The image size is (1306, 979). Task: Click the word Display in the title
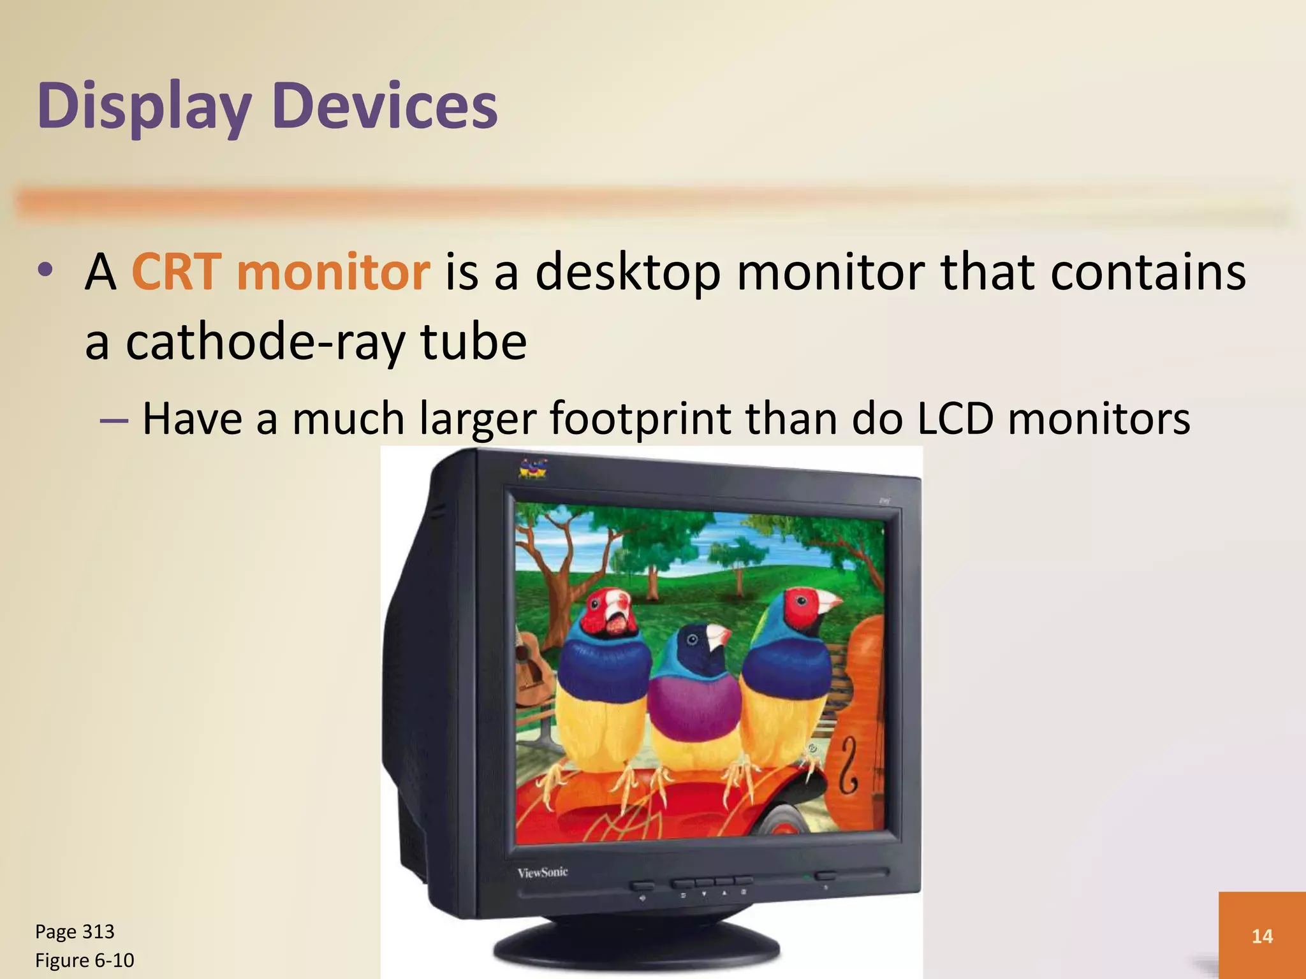143,107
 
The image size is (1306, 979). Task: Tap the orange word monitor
334,272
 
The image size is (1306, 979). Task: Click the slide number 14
1262,936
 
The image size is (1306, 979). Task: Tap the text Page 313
75,932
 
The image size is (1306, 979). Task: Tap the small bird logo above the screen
533,468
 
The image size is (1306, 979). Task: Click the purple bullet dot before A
45,270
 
